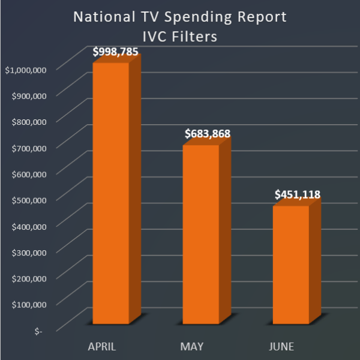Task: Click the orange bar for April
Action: (x=110, y=192)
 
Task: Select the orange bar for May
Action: (x=200, y=234)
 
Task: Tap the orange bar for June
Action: (x=291, y=264)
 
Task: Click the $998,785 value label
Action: (x=116, y=52)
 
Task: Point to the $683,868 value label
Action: (x=206, y=134)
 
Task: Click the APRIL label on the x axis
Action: (x=102, y=347)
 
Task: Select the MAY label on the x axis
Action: (x=192, y=347)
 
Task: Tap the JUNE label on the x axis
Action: (x=282, y=347)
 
